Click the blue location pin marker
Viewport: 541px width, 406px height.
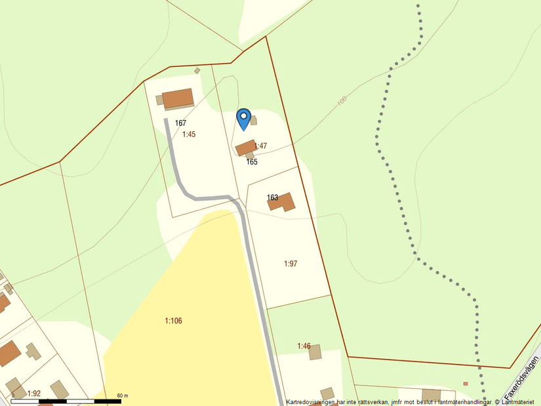pos(243,118)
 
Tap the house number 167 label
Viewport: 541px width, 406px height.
pos(181,123)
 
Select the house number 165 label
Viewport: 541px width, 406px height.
pos(252,162)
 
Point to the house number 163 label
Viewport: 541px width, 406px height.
pos(273,197)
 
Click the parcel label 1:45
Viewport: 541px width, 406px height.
pos(189,134)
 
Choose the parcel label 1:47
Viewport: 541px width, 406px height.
pos(260,146)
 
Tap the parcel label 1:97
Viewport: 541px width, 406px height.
pos(291,264)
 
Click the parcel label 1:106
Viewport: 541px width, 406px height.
pos(173,321)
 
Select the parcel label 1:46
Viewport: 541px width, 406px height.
pos(304,346)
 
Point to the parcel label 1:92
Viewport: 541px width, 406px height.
pos(34,394)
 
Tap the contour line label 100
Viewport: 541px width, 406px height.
pos(341,102)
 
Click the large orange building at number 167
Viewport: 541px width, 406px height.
pos(178,98)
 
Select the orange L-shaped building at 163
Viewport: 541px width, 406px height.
pos(282,202)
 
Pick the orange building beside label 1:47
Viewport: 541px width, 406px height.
pos(245,148)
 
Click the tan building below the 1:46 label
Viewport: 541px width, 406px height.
pos(315,353)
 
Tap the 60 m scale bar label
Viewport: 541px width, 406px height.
pos(122,396)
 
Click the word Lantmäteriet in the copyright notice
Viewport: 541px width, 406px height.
pos(518,401)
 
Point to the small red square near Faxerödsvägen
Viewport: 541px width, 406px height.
pos(466,384)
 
